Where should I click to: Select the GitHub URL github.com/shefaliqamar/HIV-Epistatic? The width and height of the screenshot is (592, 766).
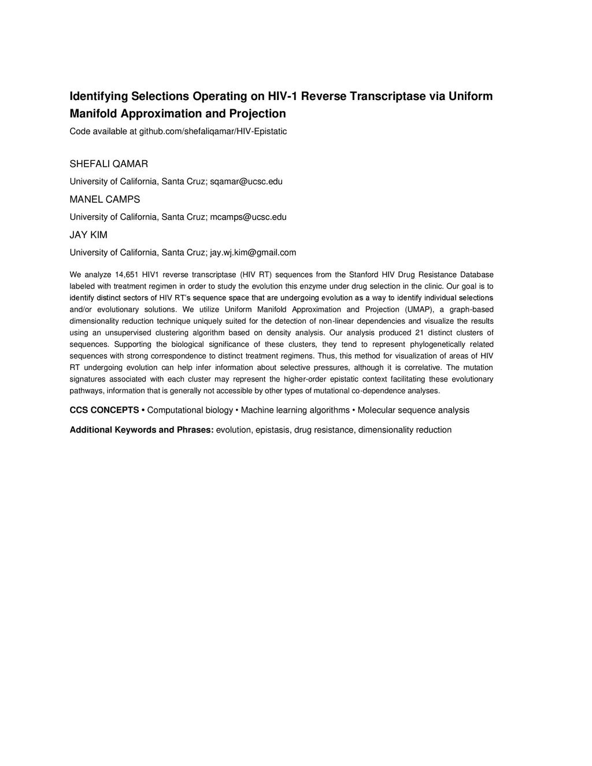(213, 131)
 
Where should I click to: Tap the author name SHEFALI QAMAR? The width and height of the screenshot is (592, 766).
(109, 164)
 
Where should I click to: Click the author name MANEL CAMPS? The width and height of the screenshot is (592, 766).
(105, 199)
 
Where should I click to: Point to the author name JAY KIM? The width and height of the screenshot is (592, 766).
(88, 235)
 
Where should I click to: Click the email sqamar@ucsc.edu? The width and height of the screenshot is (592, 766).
(246, 182)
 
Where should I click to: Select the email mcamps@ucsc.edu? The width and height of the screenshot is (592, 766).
(248, 217)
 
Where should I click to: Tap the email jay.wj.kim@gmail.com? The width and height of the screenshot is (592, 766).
(253, 253)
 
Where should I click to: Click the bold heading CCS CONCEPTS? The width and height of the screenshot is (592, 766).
(104, 410)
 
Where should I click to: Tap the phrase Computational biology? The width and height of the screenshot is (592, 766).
(190, 410)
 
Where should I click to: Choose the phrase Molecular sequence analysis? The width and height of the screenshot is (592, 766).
(413, 410)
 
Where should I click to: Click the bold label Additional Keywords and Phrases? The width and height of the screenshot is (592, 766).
(142, 430)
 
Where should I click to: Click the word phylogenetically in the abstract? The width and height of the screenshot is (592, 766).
(438, 344)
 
